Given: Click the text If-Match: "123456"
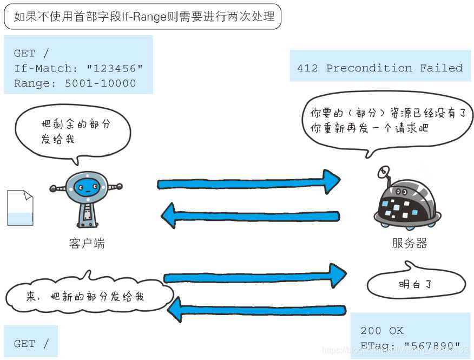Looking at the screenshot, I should [x=78, y=68].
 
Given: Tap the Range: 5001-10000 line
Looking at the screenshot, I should [x=75, y=83].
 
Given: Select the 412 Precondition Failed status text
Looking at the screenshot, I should [x=379, y=68].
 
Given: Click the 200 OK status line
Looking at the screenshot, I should [x=382, y=331].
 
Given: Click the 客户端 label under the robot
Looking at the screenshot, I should [x=87, y=244].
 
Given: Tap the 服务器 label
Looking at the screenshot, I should [x=410, y=244].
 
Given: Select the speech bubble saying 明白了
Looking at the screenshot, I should [x=416, y=284].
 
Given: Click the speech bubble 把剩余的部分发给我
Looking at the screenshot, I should [x=73, y=131].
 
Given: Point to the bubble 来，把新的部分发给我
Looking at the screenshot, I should [x=87, y=297].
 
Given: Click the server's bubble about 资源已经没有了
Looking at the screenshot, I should [x=386, y=121].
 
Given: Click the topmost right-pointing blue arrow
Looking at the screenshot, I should [x=248, y=181].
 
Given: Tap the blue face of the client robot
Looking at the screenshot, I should [x=87, y=188].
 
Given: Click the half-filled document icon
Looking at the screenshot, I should [x=20, y=208].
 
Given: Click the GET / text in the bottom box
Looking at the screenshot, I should [x=31, y=344].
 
